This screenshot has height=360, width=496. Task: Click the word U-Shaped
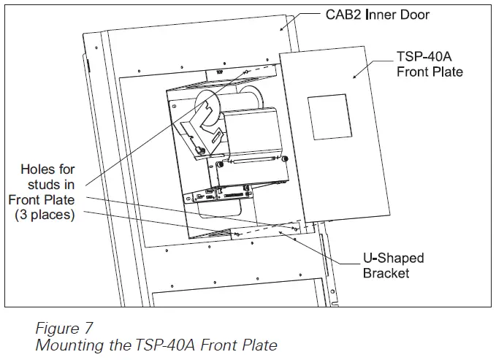click(392, 258)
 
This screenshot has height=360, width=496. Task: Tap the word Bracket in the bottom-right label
click(386, 273)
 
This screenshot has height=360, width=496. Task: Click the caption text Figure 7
click(64, 327)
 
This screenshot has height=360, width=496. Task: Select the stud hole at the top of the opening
click(247, 72)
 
